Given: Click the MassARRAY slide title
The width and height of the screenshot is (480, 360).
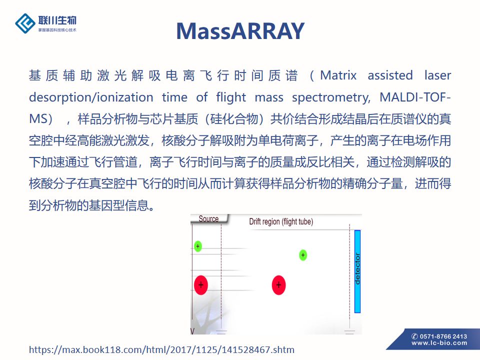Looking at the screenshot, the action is pos(240,31).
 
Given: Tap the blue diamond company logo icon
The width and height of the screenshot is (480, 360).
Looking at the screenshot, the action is pos(25,23).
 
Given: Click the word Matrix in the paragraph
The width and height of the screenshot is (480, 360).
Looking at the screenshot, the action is pos(338,75).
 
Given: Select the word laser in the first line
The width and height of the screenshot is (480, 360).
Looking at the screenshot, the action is pos(438,75).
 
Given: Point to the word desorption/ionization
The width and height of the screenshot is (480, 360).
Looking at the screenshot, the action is pos(91,97).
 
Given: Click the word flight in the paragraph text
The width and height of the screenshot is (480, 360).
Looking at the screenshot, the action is pos(231,97).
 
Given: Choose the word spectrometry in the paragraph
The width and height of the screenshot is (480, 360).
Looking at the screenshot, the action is pos(331,98).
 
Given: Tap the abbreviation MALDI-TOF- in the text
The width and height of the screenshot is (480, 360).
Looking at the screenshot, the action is pos(415,97).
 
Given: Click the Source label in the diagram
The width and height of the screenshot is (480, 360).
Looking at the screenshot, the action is pos(208,218).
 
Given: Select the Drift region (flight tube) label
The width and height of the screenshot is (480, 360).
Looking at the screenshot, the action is pos(281,221).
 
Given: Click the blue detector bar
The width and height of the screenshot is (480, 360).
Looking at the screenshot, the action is pos(357,271).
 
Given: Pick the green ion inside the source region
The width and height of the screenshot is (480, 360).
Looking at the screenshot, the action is pos(198,246).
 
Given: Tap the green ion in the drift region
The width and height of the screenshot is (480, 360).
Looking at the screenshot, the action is pos(303,255).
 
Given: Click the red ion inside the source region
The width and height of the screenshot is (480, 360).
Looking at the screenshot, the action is pos(201,285).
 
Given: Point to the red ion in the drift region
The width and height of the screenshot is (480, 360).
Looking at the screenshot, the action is pos(278,285).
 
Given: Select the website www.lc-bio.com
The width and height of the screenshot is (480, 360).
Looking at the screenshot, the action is pos(439,343).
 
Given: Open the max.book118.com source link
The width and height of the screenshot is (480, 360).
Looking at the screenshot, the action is pos(161,349).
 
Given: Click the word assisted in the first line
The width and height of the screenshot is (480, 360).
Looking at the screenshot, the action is pos(390,75).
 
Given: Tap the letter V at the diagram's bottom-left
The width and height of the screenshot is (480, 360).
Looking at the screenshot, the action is pos(192,331).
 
